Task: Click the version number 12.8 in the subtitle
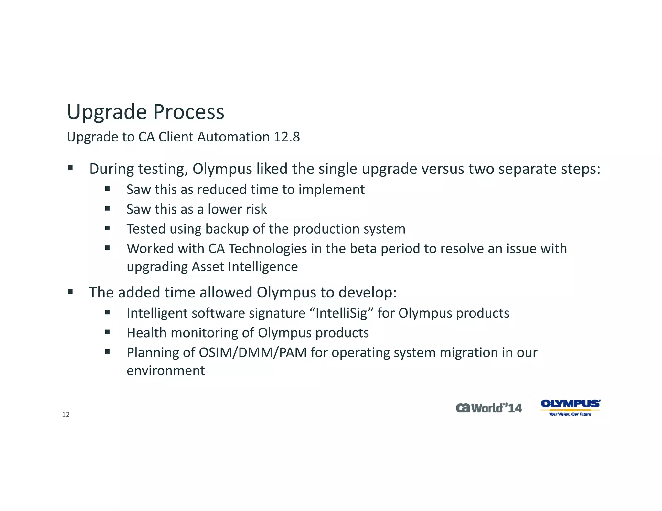(x=287, y=137)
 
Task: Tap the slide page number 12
(x=66, y=415)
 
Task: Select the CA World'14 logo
(x=489, y=408)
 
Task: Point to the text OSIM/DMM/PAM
(x=252, y=352)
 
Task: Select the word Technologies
(x=268, y=249)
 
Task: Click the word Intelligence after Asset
(x=263, y=267)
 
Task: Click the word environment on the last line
(x=165, y=370)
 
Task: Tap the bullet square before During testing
(x=70, y=168)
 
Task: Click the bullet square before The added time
(x=70, y=292)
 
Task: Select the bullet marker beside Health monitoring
(x=108, y=332)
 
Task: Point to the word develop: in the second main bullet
(x=367, y=292)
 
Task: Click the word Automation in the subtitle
(x=233, y=137)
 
